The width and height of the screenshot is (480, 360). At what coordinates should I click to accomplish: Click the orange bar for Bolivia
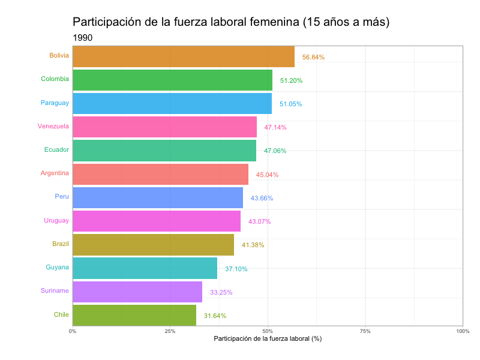tap(183, 56)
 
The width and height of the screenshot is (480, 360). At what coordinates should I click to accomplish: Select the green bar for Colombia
tap(172, 80)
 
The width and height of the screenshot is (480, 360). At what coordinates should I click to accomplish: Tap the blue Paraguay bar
tap(172, 103)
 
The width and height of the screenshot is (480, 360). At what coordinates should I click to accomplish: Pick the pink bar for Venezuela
tap(164, 127)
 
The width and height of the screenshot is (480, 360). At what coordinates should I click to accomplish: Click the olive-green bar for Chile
tap(134, 315)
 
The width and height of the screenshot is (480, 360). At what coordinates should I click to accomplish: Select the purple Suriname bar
tap(137, 292)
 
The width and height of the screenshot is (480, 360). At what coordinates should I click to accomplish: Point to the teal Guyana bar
tap(145, 268)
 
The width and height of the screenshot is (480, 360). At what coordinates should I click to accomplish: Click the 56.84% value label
tap(313, 58)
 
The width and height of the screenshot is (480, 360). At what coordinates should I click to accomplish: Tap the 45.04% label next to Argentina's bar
tap(267, 175)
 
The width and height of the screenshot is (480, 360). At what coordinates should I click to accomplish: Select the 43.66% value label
tap(262, 198)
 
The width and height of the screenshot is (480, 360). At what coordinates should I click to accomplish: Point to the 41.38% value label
tap(253, 245)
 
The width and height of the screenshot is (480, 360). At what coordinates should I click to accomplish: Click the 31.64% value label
tap(215, 316)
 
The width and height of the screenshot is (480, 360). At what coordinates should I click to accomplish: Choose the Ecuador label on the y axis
tap(56, 149)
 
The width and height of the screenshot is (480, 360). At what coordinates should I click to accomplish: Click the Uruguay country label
tap(56, 220)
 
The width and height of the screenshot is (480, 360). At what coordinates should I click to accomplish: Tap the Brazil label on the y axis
tap(61, 244)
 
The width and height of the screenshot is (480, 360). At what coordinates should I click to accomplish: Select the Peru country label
tap(62, 196)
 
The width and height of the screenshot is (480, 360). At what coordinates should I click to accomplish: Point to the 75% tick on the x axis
tap(365, 331)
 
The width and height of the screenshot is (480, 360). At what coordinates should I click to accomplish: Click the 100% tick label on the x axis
tap(462, 331)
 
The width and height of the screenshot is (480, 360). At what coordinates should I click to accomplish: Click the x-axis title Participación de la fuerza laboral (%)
tap(268, 339)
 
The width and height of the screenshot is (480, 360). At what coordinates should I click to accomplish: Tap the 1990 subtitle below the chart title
tap(82, 38)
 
